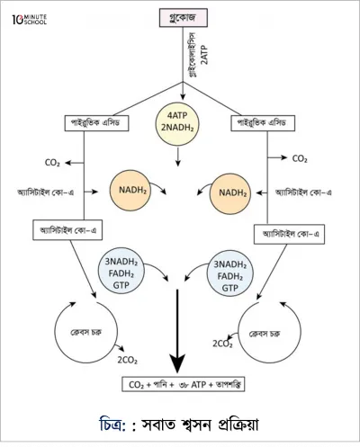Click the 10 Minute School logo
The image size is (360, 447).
[x=30, y=20]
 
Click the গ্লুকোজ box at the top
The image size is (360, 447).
[x=183, y=18]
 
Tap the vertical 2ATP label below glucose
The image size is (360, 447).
[x=204, y=55]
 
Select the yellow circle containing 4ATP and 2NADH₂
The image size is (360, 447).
[x=177, y=123]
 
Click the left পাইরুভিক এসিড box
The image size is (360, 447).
[x=96, y=123]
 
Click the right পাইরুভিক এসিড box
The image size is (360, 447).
[x=263, y=123]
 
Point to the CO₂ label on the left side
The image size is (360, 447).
[x=52, y=163]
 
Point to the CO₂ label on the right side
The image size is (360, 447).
[x=300, y=158]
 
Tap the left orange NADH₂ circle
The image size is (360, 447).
[x=130, y=191]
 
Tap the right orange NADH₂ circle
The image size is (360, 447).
[x=230, y=193]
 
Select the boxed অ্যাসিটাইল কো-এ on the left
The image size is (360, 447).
[x=67, y=230]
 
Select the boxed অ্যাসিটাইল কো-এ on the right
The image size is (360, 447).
[x=289, y=234]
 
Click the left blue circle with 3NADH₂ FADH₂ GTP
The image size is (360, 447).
[x=121, y=271]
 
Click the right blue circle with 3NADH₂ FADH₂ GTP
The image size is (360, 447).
[x=230, y=273]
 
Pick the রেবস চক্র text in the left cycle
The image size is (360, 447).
[x=85, y=332]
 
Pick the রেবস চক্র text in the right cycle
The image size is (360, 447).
[x=265, y=334]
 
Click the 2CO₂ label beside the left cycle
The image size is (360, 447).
[x=128, y=360]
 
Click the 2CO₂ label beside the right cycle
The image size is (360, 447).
[x=222, y=344]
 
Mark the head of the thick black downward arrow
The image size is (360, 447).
[x=177, y=371]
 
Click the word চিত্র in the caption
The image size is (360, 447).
[x=111, y=425]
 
